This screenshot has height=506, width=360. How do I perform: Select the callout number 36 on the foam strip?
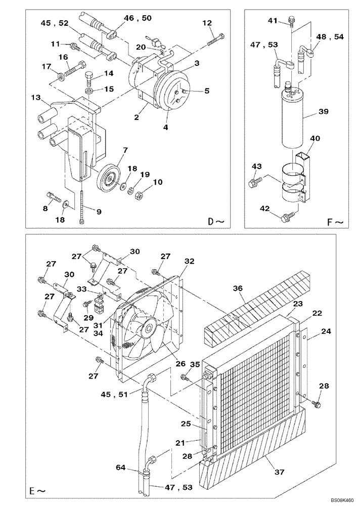click(x=238, y=288)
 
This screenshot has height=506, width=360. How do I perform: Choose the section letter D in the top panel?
click(x=211, y=221)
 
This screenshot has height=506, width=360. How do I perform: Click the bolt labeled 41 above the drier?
click(x=291, y=21)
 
